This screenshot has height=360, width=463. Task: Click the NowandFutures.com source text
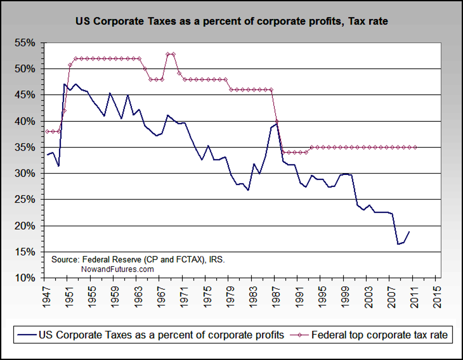point(117,269)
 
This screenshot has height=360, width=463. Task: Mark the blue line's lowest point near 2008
point(398,244)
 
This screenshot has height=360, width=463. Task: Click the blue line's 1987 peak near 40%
point(276,123)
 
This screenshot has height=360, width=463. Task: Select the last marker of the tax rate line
point(415,147)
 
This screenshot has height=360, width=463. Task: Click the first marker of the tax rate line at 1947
point(47,132)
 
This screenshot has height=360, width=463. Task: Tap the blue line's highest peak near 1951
point(65,84)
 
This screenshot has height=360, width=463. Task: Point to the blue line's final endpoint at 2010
point(409,232)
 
